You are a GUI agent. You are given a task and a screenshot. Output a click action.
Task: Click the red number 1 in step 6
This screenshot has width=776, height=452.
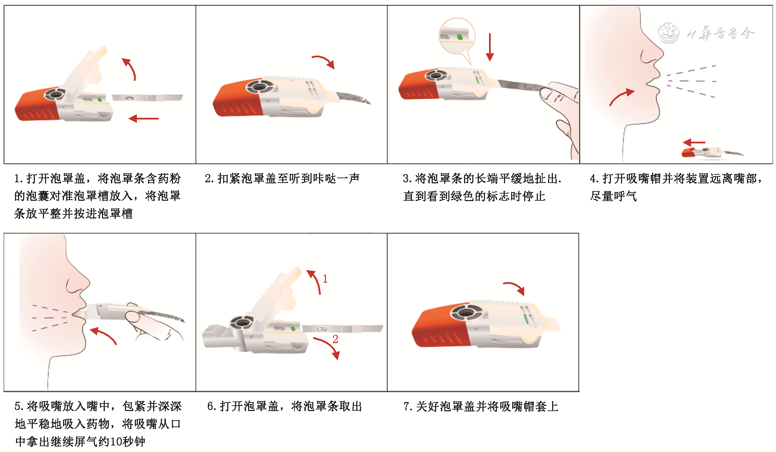(325, 279)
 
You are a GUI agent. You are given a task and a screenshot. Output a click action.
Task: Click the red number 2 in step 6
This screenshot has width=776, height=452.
(335, 339)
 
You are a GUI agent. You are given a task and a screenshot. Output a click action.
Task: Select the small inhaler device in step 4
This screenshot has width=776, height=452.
(712, 152)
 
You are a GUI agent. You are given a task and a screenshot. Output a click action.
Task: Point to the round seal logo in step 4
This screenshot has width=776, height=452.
(669, 33)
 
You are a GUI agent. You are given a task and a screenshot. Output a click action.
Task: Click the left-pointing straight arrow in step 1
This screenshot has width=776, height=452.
(144, 118)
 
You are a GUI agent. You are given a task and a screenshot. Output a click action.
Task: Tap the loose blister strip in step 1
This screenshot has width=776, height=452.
(147, 98)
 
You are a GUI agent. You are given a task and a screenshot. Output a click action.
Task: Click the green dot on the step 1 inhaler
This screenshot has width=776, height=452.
(99, 100)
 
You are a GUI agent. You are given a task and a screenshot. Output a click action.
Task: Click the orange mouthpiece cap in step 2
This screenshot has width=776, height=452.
(237, 99)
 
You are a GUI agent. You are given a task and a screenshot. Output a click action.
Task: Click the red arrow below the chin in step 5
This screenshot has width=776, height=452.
(103, 335)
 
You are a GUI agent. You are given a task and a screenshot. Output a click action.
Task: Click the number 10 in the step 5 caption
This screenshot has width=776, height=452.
(117, 442)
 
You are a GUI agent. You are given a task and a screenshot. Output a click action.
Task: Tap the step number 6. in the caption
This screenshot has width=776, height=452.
(212, 406)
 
